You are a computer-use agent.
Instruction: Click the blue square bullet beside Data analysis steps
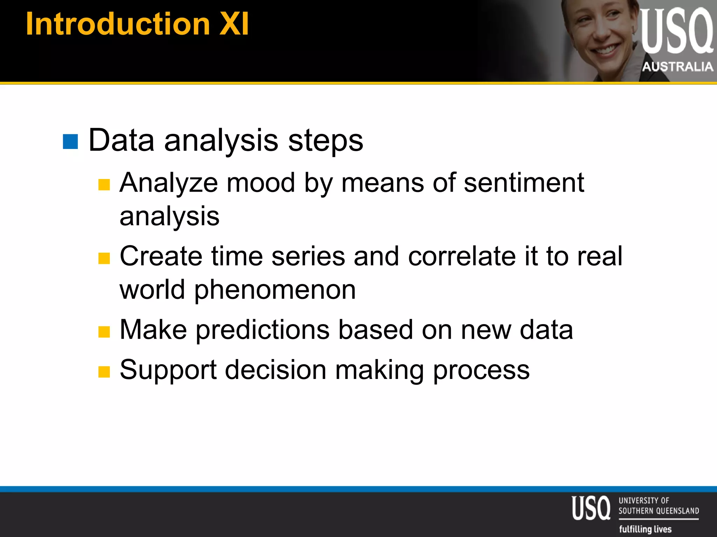tap(70, 142)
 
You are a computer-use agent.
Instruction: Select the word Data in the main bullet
tap(121, 140)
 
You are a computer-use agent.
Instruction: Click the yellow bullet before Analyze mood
tap(104, 184)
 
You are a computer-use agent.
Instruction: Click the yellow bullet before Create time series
tap(104, 258)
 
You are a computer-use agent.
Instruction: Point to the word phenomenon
tap(275, 290)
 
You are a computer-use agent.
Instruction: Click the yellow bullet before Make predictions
tap(104, 331)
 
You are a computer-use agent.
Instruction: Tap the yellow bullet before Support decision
tap(104, 372)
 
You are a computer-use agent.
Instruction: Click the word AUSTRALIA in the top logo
tap(677, 66)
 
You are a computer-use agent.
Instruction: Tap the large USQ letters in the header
tap(676, 31)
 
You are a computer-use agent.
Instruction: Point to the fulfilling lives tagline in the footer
tap(645, 529)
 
